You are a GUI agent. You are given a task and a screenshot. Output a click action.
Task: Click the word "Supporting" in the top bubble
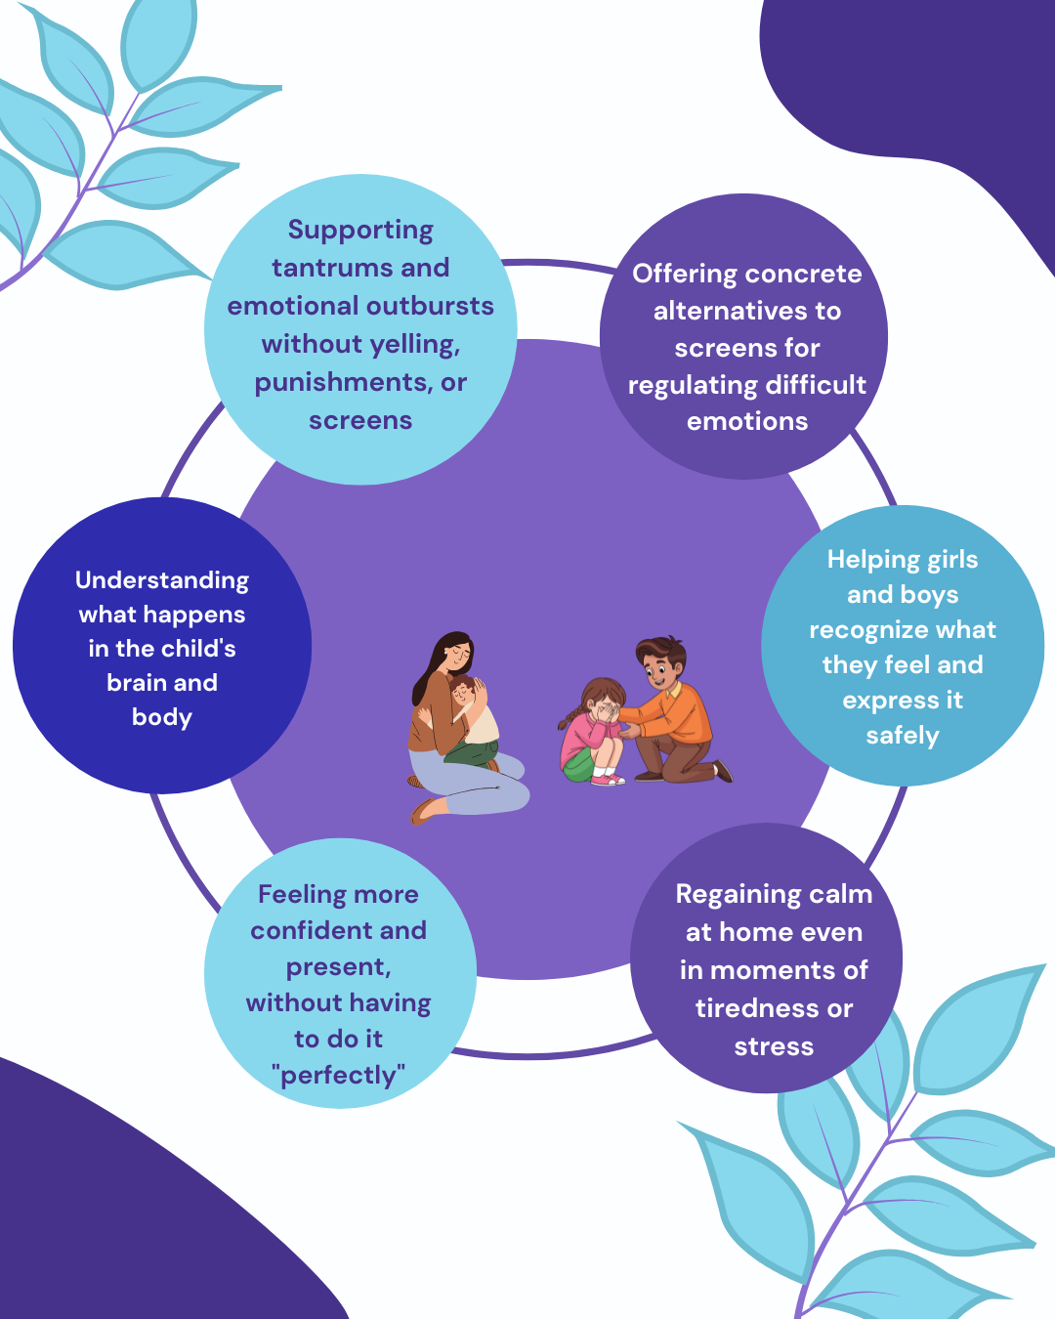click(360, 231)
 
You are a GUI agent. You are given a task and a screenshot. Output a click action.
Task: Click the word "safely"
click(903, 736)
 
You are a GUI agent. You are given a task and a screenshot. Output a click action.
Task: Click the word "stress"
click(774, 1046)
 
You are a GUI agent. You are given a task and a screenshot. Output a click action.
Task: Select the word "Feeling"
click(297, 895)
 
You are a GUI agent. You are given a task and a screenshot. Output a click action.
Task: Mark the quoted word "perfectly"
click(338, 1075)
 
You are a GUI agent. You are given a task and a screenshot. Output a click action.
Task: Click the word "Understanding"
click(162, 580)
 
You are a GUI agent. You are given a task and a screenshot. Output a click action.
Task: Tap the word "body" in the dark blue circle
click(162, 717)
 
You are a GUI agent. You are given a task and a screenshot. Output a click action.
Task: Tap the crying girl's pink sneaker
click(608, 779)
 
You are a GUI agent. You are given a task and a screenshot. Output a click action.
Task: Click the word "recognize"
click(903, 630)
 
